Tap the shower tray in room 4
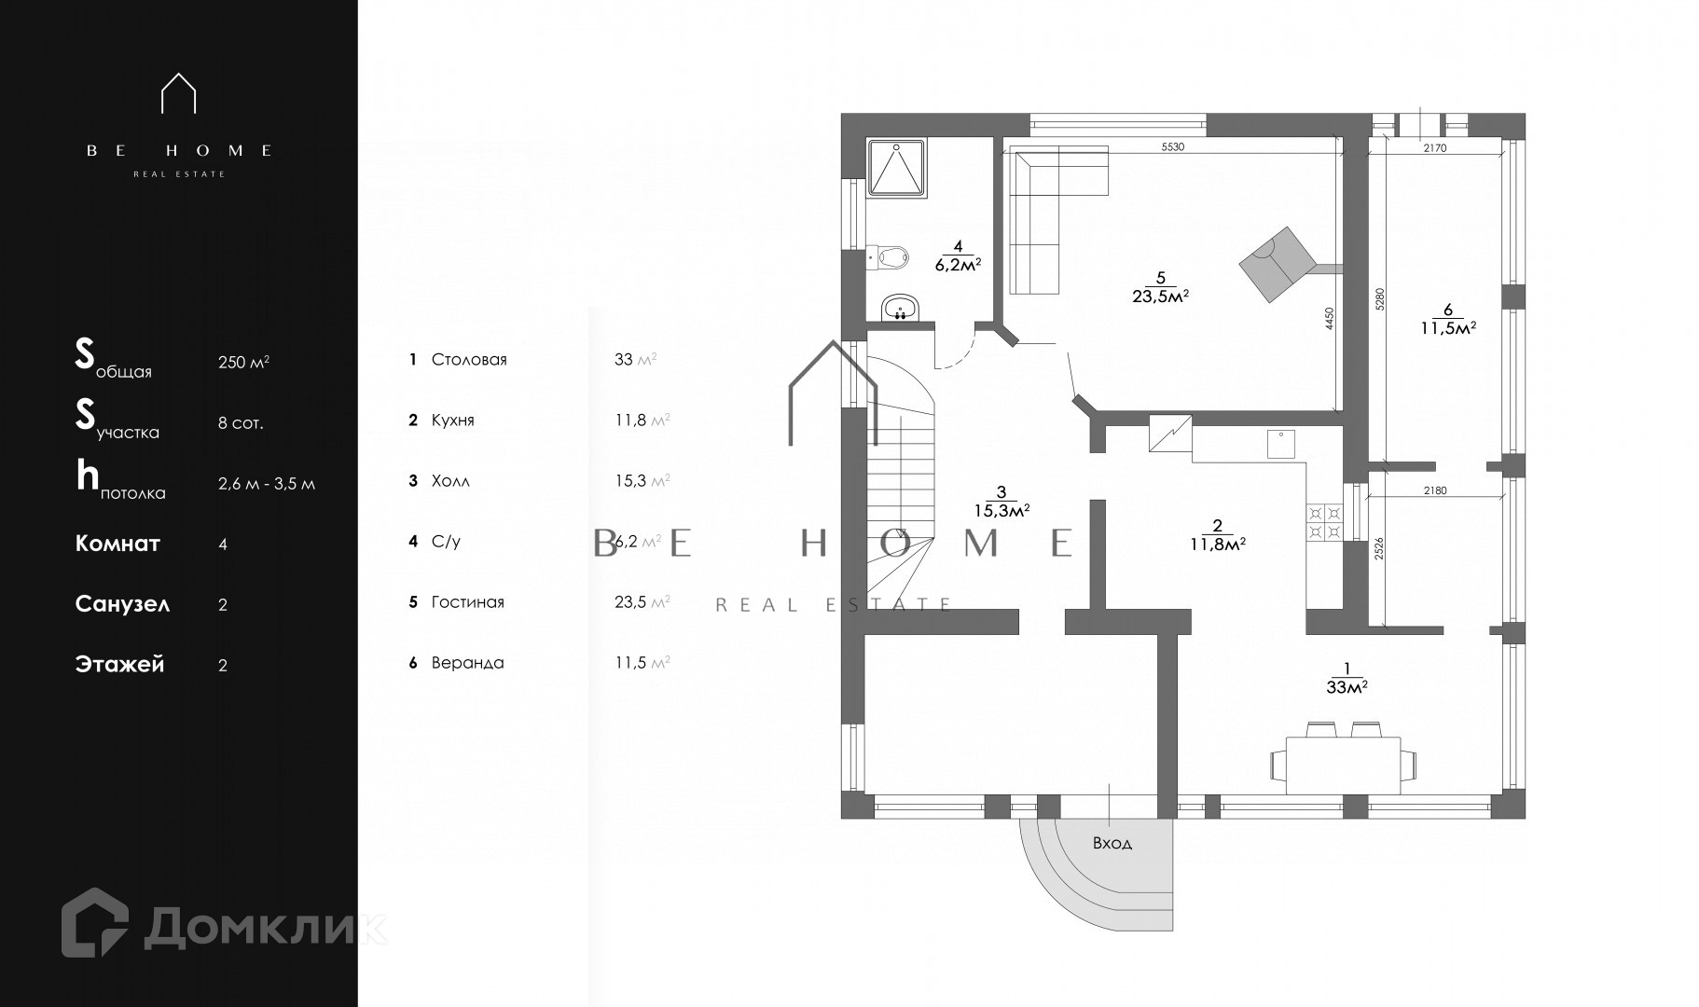[x=897, y=168]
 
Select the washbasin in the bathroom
[x=900, y=308]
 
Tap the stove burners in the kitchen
[x=1325, y=522]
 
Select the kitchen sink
[x=1281, y=445]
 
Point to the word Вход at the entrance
[x=1112, y=843]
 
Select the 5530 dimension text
[x=1172, y=147]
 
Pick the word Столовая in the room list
[x=469, y=360]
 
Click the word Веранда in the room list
[x=467, y=663]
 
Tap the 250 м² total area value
[x=243, y=362]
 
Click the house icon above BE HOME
[x=178, y=93]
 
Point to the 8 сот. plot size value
[x=241, y=422]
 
